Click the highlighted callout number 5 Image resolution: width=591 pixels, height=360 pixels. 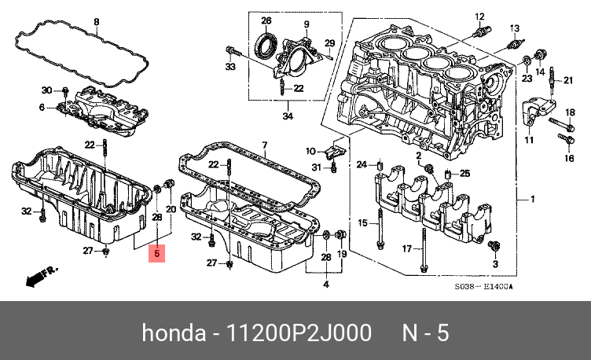[x=157, y=253]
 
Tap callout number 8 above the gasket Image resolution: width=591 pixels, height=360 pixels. [x=96, y=21]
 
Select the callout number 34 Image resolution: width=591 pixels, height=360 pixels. [x=288, y=116]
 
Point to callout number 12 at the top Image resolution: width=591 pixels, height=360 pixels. [x=478, y=17]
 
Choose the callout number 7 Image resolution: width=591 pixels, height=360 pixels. [x=265, y=145]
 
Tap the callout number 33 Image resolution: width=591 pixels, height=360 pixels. [x=230, y=68]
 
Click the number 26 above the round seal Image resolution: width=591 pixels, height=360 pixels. [x=266, y=20]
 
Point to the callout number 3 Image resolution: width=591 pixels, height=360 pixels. [x=495, y=265]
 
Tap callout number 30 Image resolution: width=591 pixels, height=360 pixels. [x=45, y=90]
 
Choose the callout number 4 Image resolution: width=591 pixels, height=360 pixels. [x=327, y=283]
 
